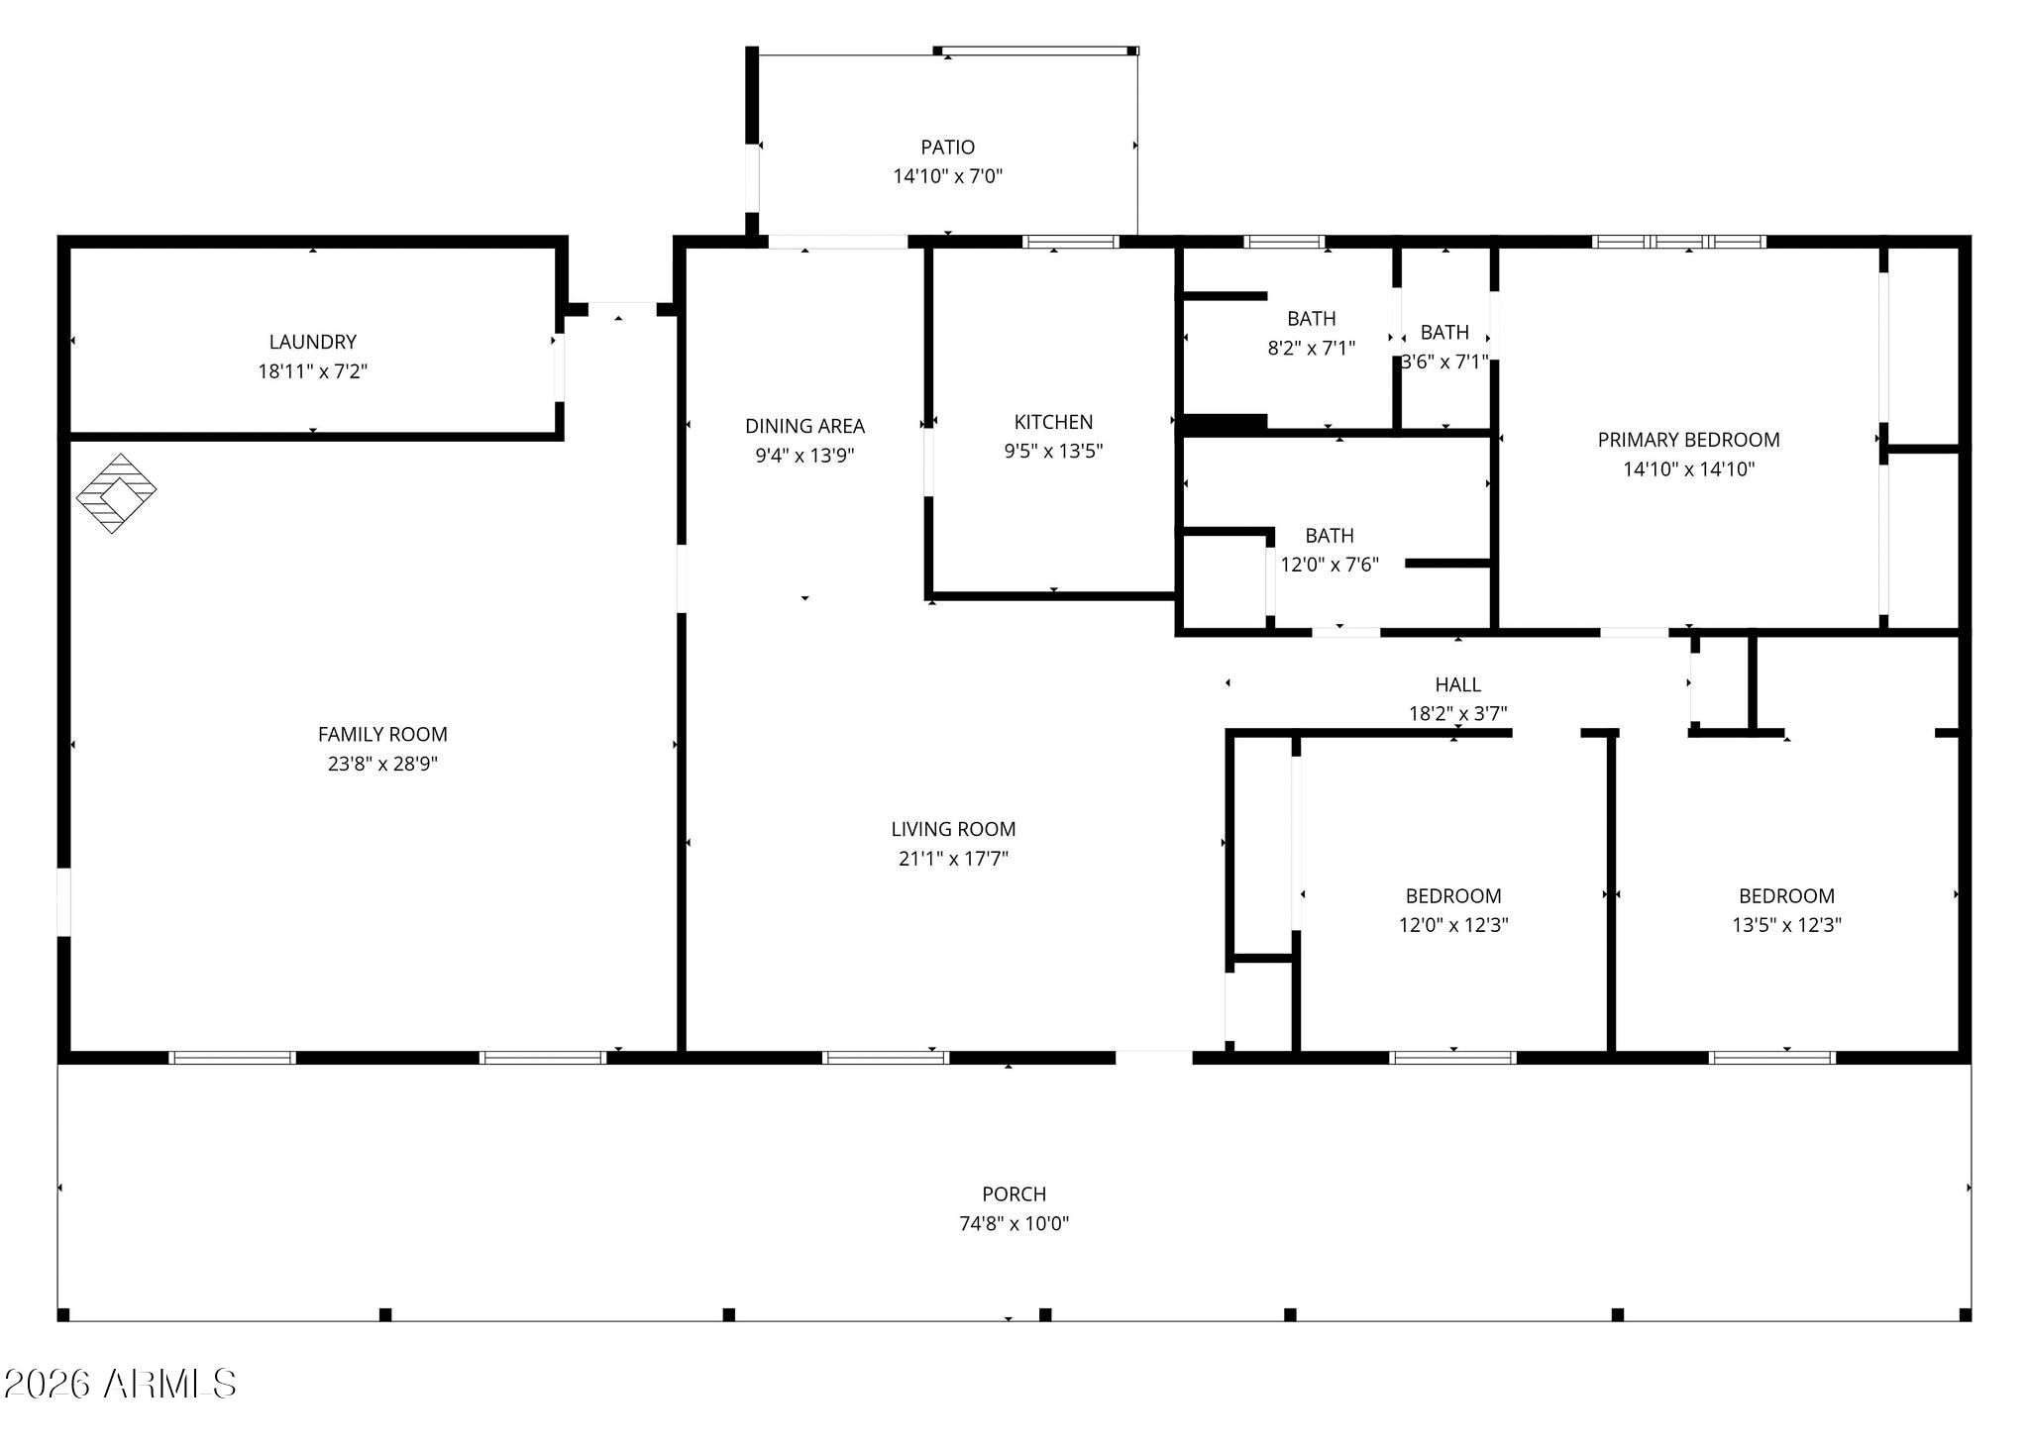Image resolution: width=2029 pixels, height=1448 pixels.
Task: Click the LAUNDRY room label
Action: coord(313,342)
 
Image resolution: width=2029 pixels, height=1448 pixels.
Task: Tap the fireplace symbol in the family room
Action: coord(117,493)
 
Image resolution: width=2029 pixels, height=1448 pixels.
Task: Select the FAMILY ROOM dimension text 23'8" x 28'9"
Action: coord(382,764)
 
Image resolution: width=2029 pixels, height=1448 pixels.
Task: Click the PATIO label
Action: coord(948,148)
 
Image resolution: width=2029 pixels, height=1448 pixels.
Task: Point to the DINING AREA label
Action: coord(804,426)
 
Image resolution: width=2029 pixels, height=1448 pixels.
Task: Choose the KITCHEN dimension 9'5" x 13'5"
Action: coord(1053,451)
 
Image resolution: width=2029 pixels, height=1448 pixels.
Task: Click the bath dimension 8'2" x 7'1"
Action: coord(1311,348)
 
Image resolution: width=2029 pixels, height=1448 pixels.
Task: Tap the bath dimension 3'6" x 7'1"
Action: coord(1444,362)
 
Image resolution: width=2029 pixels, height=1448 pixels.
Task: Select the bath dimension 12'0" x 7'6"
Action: coord(1330,565)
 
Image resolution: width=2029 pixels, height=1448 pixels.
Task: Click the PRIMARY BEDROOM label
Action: coord(1688,440)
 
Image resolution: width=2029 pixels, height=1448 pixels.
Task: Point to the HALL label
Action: coord(1458,684)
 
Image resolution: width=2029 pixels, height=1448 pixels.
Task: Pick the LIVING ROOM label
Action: coord(953,829)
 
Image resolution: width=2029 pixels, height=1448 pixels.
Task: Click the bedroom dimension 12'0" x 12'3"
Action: coord(1453,925)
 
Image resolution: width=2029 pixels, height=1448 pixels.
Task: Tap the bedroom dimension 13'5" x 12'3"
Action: coord(1786,925)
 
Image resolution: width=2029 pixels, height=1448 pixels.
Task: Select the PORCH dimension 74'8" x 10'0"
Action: coord(1014,1223)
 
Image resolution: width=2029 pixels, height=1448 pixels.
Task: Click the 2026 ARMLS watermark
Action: coord(120,1384)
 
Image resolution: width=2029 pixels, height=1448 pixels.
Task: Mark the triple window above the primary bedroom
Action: coord(1679,242)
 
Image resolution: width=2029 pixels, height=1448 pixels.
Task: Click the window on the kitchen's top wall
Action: coord(1071,242)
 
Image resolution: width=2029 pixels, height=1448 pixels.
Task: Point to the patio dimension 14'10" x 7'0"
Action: coord(948,176)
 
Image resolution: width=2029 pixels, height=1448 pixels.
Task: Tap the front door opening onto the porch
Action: coord(1154,1057)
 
